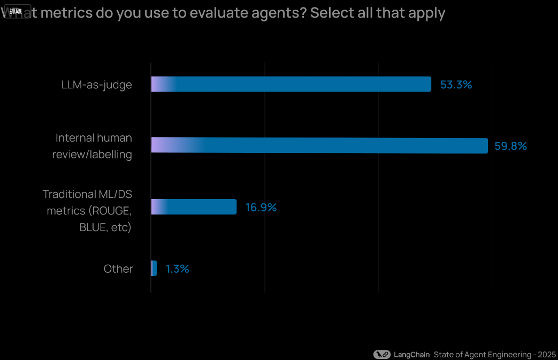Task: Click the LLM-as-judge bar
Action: coord(291,84)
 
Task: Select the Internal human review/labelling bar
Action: coord(319,145)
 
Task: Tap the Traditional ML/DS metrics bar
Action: coord(194,207)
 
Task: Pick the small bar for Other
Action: coord(154,269)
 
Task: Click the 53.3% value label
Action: coord(456,85)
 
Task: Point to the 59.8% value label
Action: coord(510,146)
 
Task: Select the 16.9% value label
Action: coord(261,208)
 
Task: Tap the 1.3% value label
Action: coord(177,269)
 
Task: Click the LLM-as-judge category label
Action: coord(96,85)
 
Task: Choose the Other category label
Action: coord(118,269)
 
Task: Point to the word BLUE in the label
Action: coord(91,227)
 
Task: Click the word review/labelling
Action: coord(92,155)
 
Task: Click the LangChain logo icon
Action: coord(382,354)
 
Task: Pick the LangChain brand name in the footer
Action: coord(411,354)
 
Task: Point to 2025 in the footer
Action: coord(547,354)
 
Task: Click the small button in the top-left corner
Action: coord(16,11)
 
